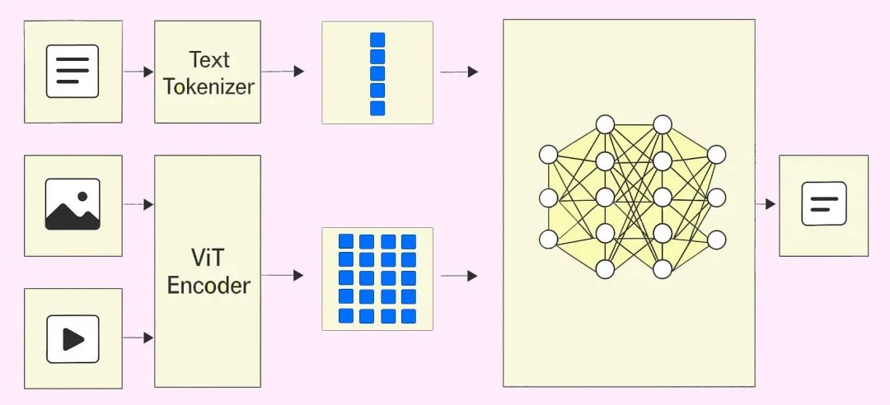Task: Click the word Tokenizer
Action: [x=208, y=86]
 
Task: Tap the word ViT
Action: [x=208, y=258]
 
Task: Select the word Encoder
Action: [x=208, y=285]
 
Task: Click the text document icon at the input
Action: [x=73, y=71]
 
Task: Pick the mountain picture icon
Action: [x=73, y=204]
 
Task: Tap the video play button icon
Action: [x=73, y=338]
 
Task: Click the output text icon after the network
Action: [x=823, y=203]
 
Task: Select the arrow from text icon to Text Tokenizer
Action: [x=138, y=72]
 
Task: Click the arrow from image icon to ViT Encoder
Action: [x=138, y=204]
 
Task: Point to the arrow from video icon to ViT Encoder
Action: [x=138, y=337]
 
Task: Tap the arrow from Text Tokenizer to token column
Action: [x=283, y=71]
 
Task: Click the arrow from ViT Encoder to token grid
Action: [x=283, y=275]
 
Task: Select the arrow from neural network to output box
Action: [x=766, y=203]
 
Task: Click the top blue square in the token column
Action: [x=377, y=40]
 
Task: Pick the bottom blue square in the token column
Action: [x=377, y=109]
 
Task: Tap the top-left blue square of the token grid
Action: [x=345, y=241]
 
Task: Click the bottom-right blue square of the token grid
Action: [x=409, y=316]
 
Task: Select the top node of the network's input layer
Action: [x=548, y=154]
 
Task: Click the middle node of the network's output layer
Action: [x=716, y=198]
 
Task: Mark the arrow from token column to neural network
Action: [x=459, y=72]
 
